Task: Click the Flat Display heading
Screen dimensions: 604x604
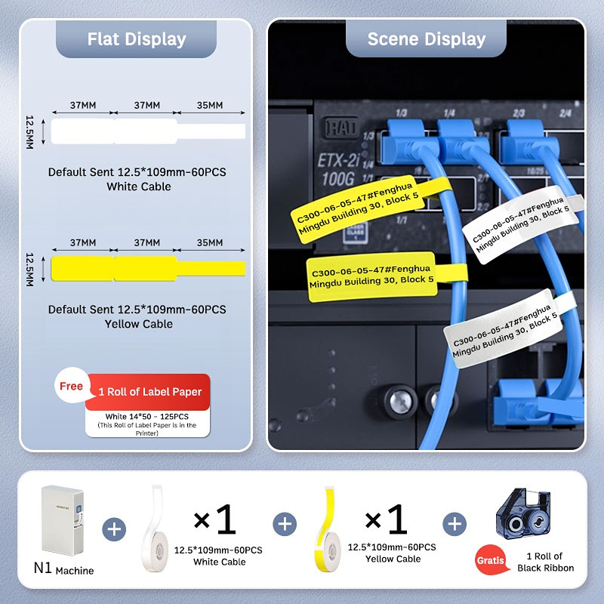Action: [x=137, y=39]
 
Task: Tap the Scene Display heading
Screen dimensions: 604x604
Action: [x=426, y=39]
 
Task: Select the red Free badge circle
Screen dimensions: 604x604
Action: [x=71, y=386]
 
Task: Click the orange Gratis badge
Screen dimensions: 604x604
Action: [x=490, y=561]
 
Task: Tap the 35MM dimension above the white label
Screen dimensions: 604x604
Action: [x=209, y=105]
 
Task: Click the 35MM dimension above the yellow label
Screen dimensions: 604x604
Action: [x=209, y=243]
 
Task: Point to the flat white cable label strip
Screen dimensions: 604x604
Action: [x=148, y=131]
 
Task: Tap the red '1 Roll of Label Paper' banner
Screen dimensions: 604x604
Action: [x=149, y=392]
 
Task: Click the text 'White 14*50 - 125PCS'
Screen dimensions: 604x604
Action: [x=147, y=417]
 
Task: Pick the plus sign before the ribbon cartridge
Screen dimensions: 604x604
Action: [x=455, y=524]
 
